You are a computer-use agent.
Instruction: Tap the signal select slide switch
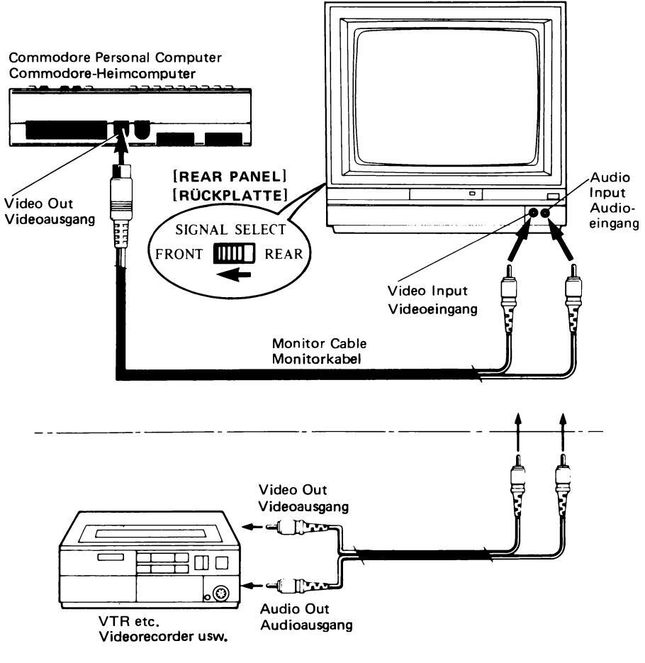[228, 253]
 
